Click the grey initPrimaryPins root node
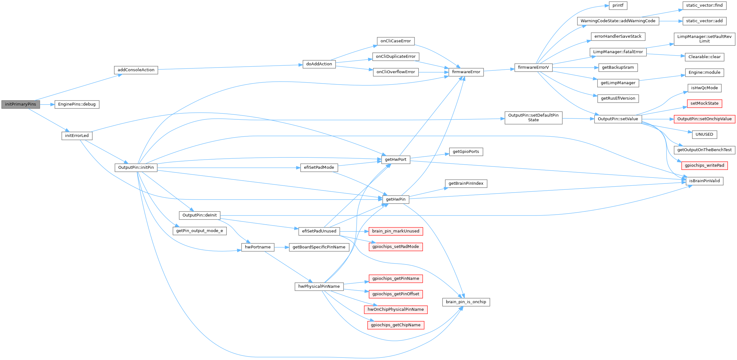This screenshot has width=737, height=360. point(20,104)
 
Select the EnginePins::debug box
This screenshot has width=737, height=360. point(77,104)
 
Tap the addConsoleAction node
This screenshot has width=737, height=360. point(136,70)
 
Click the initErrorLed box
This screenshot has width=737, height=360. point(77,136)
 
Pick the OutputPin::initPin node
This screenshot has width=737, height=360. point(136,167)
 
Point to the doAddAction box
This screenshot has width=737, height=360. point(319,64)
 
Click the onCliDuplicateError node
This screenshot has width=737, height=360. point(396,57)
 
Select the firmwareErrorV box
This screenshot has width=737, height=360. point(533,68)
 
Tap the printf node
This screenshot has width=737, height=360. point(618,5)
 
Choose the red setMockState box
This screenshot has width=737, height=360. point(704,103)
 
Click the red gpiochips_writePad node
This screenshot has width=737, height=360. point(704,166)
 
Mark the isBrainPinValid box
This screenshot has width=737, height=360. point(704,181)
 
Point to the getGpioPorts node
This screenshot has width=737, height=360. point(466,152)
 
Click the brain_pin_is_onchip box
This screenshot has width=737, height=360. point(466,302)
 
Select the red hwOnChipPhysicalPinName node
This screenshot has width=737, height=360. point(396,309)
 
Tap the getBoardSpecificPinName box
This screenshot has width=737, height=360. point(319,247)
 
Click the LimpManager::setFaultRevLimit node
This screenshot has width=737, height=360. point(704,39)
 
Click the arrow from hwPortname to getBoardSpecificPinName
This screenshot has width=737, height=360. point(281,247)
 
